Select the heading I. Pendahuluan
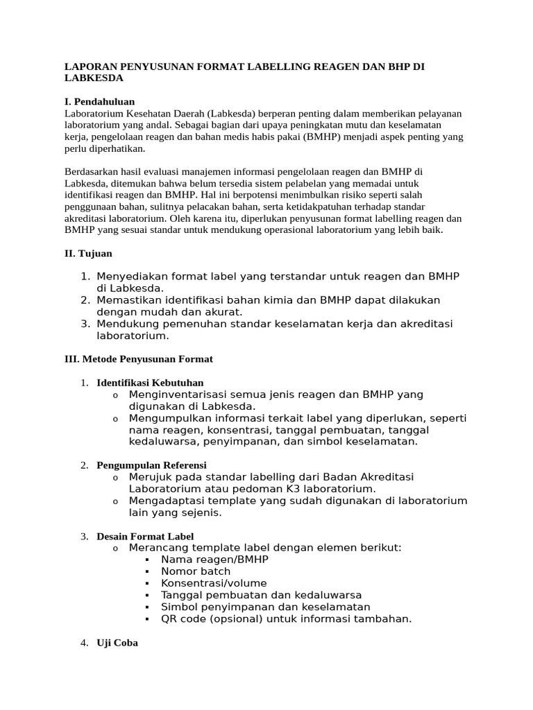click(x=99, y=101)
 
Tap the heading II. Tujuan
click(x=88, y=254)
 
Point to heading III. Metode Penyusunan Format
click(x=139, y=359)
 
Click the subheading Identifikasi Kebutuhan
click(x=150, y=383)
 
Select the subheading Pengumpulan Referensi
click(x=151, y=465)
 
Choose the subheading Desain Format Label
click(x=145, y=537)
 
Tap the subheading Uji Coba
click(x=117, y=643)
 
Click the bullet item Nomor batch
click(x=194, y=571)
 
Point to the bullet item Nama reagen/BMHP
click(x=214, y=560)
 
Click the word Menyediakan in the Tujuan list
click(x=130, y=277)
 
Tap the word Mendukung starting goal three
click(x=126, y=324)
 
